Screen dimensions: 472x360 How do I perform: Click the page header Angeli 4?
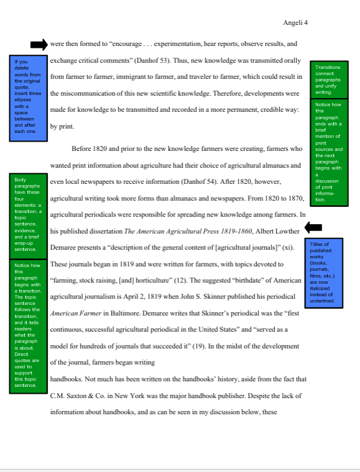tap(295, 23)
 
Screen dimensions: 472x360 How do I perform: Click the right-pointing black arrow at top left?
tap(38, 44)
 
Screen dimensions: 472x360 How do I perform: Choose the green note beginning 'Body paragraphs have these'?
tap(27, 214)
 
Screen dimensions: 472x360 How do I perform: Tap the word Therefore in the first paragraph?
tap(230, 93)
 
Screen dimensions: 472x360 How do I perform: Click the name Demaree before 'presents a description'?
tap(66, 247)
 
